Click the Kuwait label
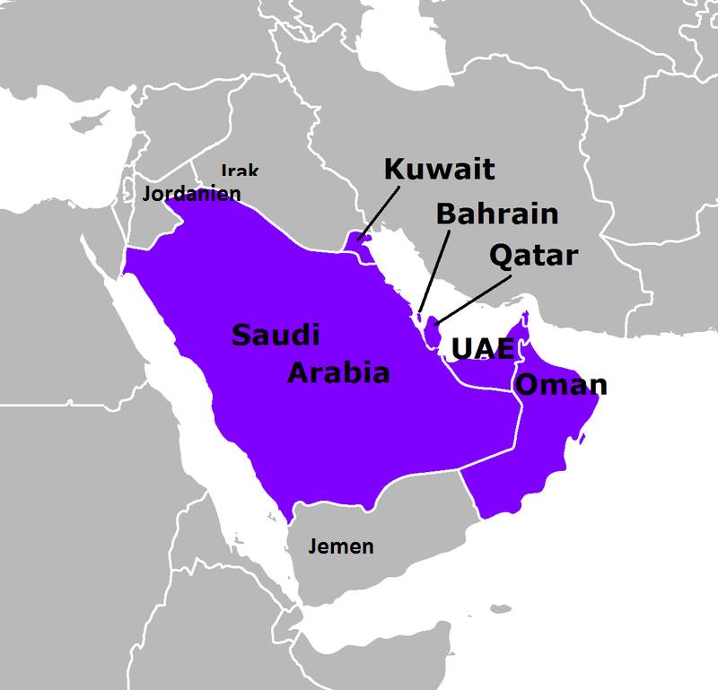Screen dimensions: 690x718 point(439,170)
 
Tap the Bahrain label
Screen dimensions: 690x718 point(496,214)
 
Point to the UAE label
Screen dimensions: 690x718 point(482,349)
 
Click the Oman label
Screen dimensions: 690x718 point(563,385)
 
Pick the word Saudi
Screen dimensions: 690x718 point(276,336)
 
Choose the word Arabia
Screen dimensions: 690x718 point(338,372)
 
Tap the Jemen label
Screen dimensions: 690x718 point(340,546)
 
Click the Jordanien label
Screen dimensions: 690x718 point(191,193)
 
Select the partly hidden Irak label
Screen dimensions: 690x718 point(240,170)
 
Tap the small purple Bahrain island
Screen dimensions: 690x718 point(418,315)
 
